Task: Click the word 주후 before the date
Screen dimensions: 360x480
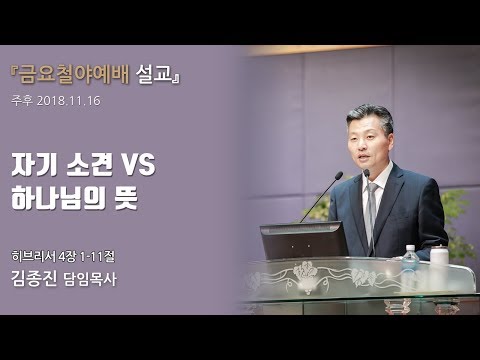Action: point(22,101)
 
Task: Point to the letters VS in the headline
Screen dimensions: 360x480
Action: point(135,163)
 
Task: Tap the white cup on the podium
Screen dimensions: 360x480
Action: point(439,255)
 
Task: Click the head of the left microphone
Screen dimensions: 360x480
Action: point(337,176)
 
